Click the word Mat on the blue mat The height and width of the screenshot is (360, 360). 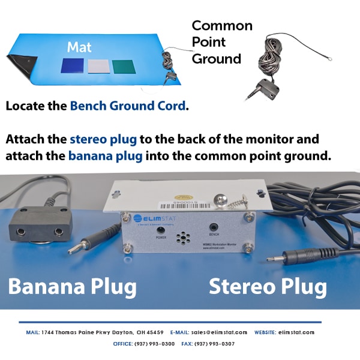click(x=79, y=47)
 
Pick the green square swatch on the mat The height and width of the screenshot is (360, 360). click(x=124, y=66)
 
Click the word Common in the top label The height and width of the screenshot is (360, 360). click(x=221, y=26)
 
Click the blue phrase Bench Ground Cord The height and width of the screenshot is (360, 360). click(x=127, y=106)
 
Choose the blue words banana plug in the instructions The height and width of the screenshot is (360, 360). click(x=106, y=156)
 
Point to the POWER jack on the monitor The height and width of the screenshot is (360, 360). click(x=161, y=230)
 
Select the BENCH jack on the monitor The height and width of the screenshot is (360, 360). click(x=214, y=227)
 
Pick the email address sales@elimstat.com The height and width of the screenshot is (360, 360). click(x=219, y=332)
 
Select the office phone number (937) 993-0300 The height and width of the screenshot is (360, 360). click(x=154, y=344)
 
